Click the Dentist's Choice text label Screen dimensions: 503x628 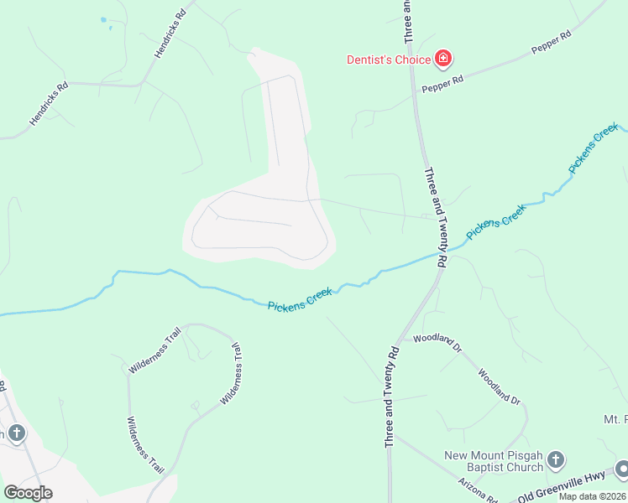[x=389, y=60]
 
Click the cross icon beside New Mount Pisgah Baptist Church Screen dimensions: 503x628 [x=556, y=459]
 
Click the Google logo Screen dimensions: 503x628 [x=28, y=492]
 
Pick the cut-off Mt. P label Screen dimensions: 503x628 [x=615, y=419]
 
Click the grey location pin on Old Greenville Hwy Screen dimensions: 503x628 [x=621, y=469]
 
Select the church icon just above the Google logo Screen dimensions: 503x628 [x=16, y=433]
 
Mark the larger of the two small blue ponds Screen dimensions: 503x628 [x=103, y=19]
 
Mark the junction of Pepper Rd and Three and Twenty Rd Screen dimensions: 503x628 [x=413, y=93]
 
